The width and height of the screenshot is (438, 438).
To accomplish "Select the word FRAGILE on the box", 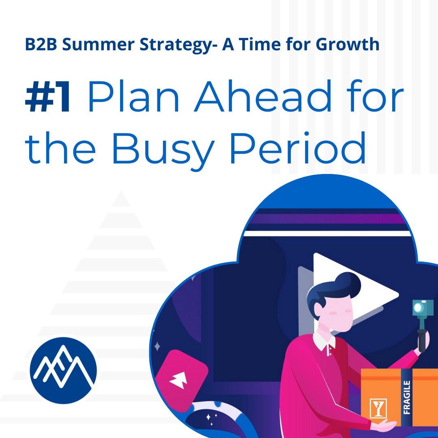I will (407, 397).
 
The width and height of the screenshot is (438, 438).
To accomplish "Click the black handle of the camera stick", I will (422, 337).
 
